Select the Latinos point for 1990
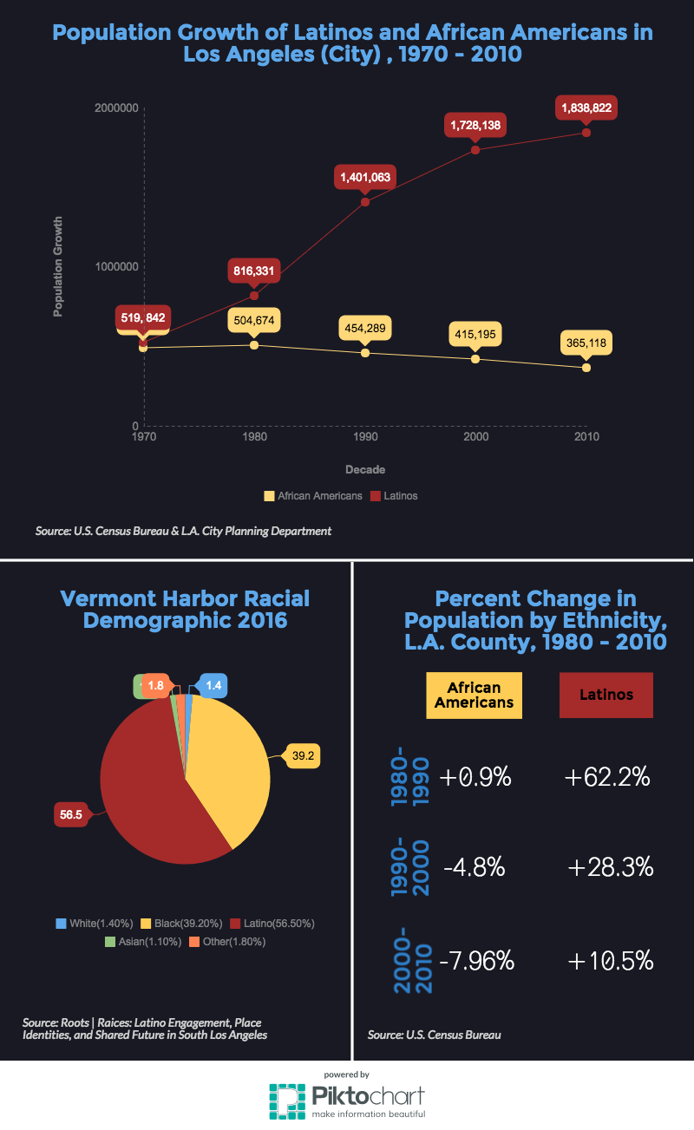[365, 202]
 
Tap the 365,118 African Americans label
[586, 343]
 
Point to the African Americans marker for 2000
[475, 358]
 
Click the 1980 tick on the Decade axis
[254, 437]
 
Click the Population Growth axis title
[58, 266]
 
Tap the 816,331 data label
[253, 271]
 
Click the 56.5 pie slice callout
[70, 814]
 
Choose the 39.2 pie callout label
[303, 756]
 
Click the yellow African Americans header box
[474, 695]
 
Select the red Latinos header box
[606, 695]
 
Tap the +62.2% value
[607, 777]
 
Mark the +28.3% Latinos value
[611, 866]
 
